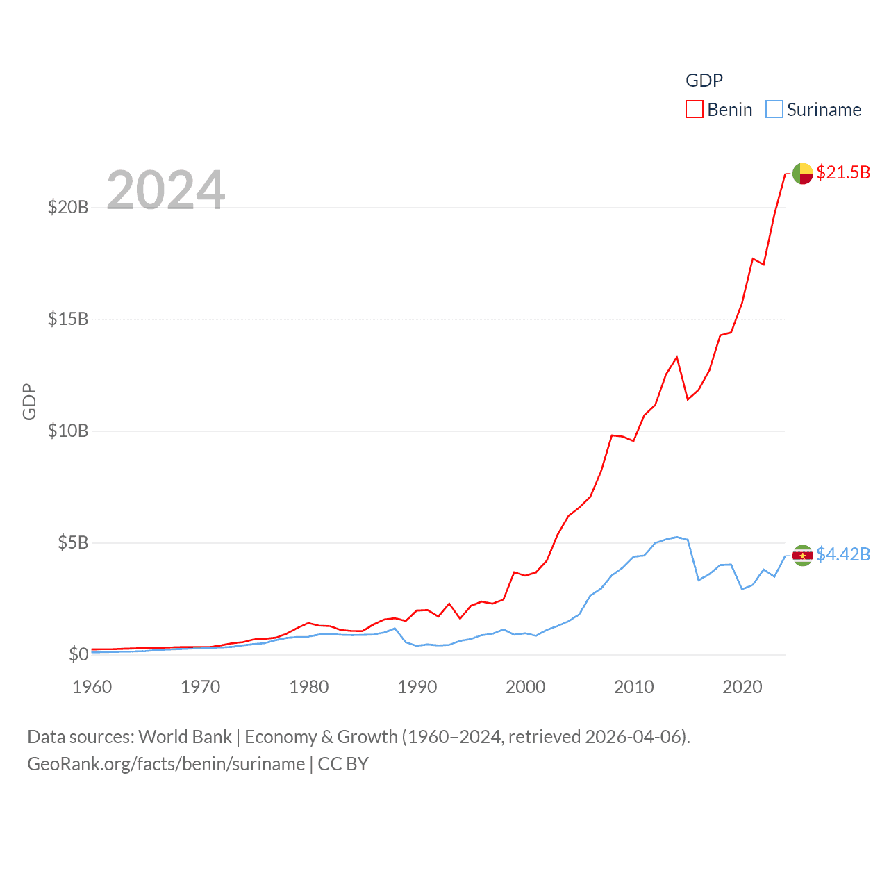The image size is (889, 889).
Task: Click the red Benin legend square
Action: point(695,110)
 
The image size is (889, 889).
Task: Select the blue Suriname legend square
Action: point(774,110)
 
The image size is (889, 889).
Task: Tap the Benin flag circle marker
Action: point(802,173)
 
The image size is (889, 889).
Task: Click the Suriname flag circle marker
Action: point(802,555)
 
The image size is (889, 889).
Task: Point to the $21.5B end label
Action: point(843,172)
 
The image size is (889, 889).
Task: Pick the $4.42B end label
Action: point(843,554)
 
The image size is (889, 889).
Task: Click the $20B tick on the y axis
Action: point(68,207)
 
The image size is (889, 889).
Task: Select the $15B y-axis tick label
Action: point(68,319)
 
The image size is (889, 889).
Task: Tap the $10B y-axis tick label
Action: point(68,431)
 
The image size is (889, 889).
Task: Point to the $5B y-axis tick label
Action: point(73,542)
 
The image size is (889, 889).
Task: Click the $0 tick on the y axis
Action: point(78,654)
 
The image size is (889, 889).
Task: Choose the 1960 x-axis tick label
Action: point(92,687)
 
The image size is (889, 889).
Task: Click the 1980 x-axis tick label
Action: point(309,687)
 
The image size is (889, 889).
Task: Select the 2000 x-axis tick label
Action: point(526,687)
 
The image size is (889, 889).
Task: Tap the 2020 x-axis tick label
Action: point(742,687)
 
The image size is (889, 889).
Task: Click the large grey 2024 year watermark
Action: point(166,190)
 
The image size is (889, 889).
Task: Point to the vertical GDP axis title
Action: point(29,401)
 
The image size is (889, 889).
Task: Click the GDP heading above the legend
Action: point(704,81)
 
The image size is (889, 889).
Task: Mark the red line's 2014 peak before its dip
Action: point(676,357)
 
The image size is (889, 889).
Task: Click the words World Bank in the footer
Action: point(185,736)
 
